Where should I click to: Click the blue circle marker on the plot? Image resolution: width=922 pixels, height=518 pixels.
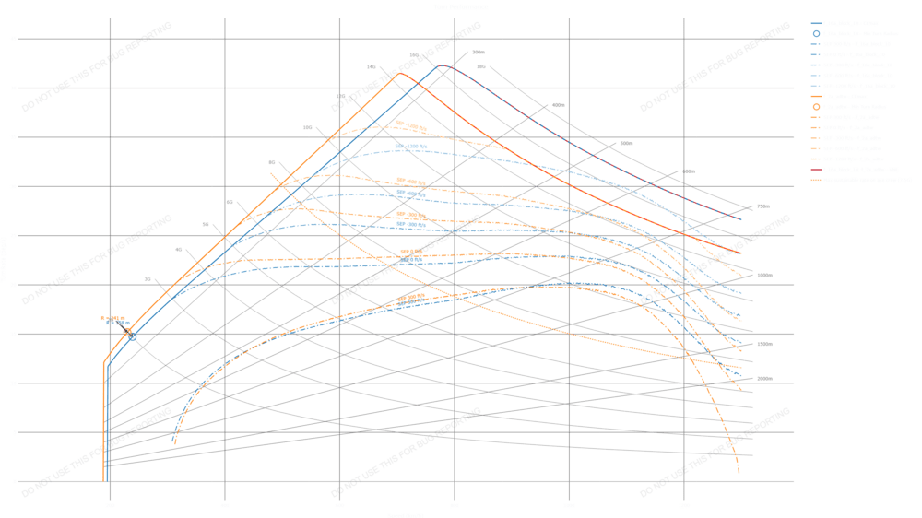(134, 337)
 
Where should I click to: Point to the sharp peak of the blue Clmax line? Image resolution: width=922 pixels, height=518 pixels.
(437, 65)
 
